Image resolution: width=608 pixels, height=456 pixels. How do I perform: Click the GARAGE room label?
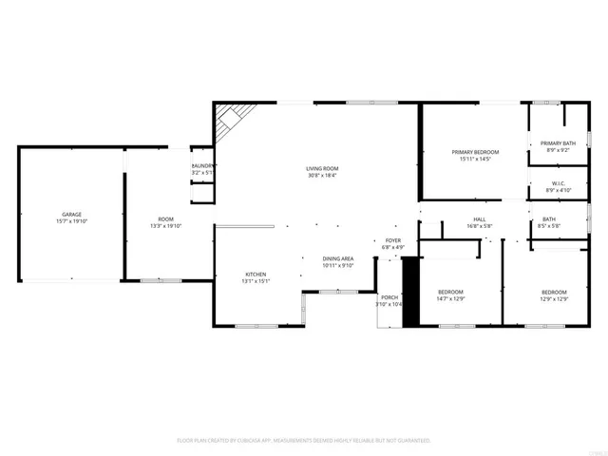click(72, 215)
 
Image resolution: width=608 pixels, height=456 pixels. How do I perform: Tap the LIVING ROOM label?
click(322, 168)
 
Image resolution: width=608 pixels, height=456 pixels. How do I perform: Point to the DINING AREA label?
click(338, 258)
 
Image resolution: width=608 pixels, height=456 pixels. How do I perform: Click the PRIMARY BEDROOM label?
click(475, 152)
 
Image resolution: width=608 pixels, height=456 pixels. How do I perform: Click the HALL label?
click(479, 219)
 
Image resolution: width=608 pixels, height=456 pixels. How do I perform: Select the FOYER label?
click(393, 241)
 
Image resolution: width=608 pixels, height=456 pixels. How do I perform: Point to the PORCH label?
click(389, 297)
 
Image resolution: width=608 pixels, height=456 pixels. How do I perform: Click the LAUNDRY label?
click(204, 166)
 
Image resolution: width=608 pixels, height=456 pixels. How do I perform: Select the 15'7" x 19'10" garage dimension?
click(72, 221)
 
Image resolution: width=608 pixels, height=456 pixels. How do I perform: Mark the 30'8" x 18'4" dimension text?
click(322, 175)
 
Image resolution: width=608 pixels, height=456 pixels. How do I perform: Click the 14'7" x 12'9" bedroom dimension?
click(450, 298)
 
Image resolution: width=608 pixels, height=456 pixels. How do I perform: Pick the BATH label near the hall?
click(549, 219)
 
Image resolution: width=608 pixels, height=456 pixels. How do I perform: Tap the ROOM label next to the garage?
click(165, 219)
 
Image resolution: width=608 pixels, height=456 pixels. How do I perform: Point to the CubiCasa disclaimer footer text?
click(304, 440)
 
